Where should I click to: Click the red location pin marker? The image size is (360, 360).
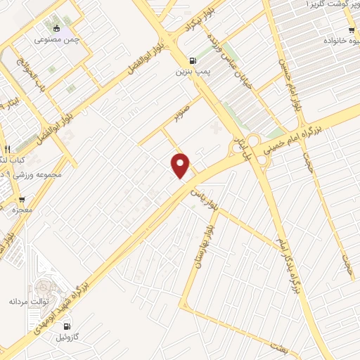coord(181,166)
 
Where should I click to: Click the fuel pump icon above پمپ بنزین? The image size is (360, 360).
coord(193,60)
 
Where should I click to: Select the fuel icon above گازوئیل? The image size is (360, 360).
coord(67,326)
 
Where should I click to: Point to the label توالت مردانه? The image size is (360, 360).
coord(27,302)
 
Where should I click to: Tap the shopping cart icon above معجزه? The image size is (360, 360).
coord(22,200)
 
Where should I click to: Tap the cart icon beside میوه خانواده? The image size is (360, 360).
coord(351,30)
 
